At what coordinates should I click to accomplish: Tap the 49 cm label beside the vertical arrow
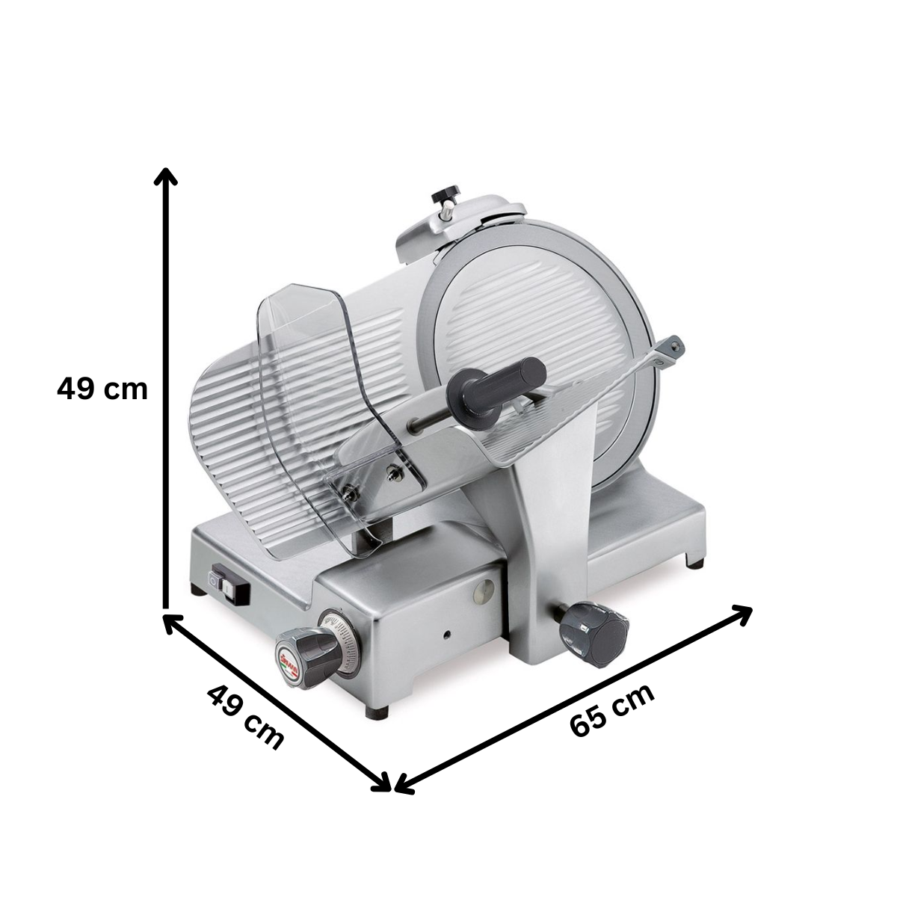click(x=102, y=389)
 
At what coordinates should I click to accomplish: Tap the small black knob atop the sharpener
click(x=446, y=195)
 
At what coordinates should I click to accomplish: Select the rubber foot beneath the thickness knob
click(x=377, y=711)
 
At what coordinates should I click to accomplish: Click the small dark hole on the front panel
click(x=446, y=635)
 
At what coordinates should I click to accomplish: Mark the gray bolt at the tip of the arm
click(x=676, y=345)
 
